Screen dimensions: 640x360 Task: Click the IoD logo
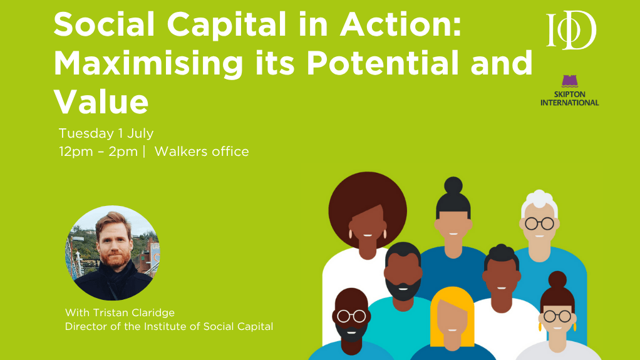click(x=571, y=30)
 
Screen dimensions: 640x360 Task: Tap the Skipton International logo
click(x=570, y=91)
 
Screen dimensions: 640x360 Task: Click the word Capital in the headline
click(x=227, y=24)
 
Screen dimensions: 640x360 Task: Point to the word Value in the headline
click(x=101, y=101)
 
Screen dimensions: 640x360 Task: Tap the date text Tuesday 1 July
click(x=106, y=133)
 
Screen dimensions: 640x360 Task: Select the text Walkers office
click(x=202, y=152)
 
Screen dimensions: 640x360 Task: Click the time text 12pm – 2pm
click(x=98, y=152)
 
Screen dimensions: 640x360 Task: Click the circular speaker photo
click(x=113, y=253)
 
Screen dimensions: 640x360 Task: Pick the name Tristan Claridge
click(x=134, y=312)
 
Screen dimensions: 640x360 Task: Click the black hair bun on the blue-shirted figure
click(x=453, y=185)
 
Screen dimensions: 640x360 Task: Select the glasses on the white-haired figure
click(x=539, y=224)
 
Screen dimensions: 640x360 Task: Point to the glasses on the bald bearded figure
click(x=351, y=316)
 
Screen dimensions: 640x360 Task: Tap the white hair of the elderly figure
click(x=539, y=202)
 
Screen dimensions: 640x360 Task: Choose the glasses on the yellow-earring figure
click(x=557, y=316)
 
